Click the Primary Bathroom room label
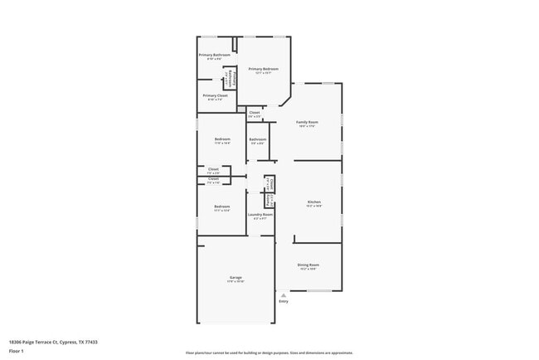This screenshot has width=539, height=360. (x=214, y=55)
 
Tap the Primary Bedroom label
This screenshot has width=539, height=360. (x=263, y=69)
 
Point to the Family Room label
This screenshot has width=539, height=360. (x=308, y=123)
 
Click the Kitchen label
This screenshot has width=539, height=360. (x=314, y=202)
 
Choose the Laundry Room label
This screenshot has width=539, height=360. (x=260, y=214)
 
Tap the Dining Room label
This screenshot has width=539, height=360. (x=308, y=265)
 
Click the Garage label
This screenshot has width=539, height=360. (x=236, y=277)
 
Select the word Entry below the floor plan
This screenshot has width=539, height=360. (x=284, y=301)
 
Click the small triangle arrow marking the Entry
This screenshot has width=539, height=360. (x=284, y=294)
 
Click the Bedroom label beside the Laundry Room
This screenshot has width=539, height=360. (x=221, y=206)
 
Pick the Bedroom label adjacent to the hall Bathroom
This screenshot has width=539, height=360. (x=222, y=139)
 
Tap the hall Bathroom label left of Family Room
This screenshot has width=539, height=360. (x=258, y=139)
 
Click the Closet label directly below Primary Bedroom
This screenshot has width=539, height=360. (x=255, y=113)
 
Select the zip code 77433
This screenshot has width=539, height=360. (x=90, y=341)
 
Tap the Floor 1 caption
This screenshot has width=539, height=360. (x=16, y=352)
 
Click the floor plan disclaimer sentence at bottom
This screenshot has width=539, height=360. (x=269, y=353)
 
